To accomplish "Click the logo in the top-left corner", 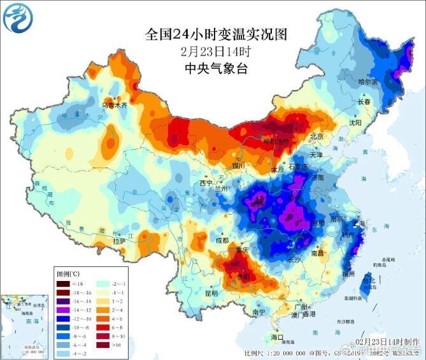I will [17, 17].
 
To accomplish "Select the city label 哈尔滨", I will [367, 82].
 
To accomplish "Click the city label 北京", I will [316, 136].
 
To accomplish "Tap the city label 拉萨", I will [118, 241].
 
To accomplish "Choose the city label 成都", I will [222, 241].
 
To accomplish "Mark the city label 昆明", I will [211, 294].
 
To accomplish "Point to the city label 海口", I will [276, 336].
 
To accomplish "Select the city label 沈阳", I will [355, 122].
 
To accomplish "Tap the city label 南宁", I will [258, 313].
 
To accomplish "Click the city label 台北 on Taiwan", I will [368, 280].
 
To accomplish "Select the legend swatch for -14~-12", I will [63, 310].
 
